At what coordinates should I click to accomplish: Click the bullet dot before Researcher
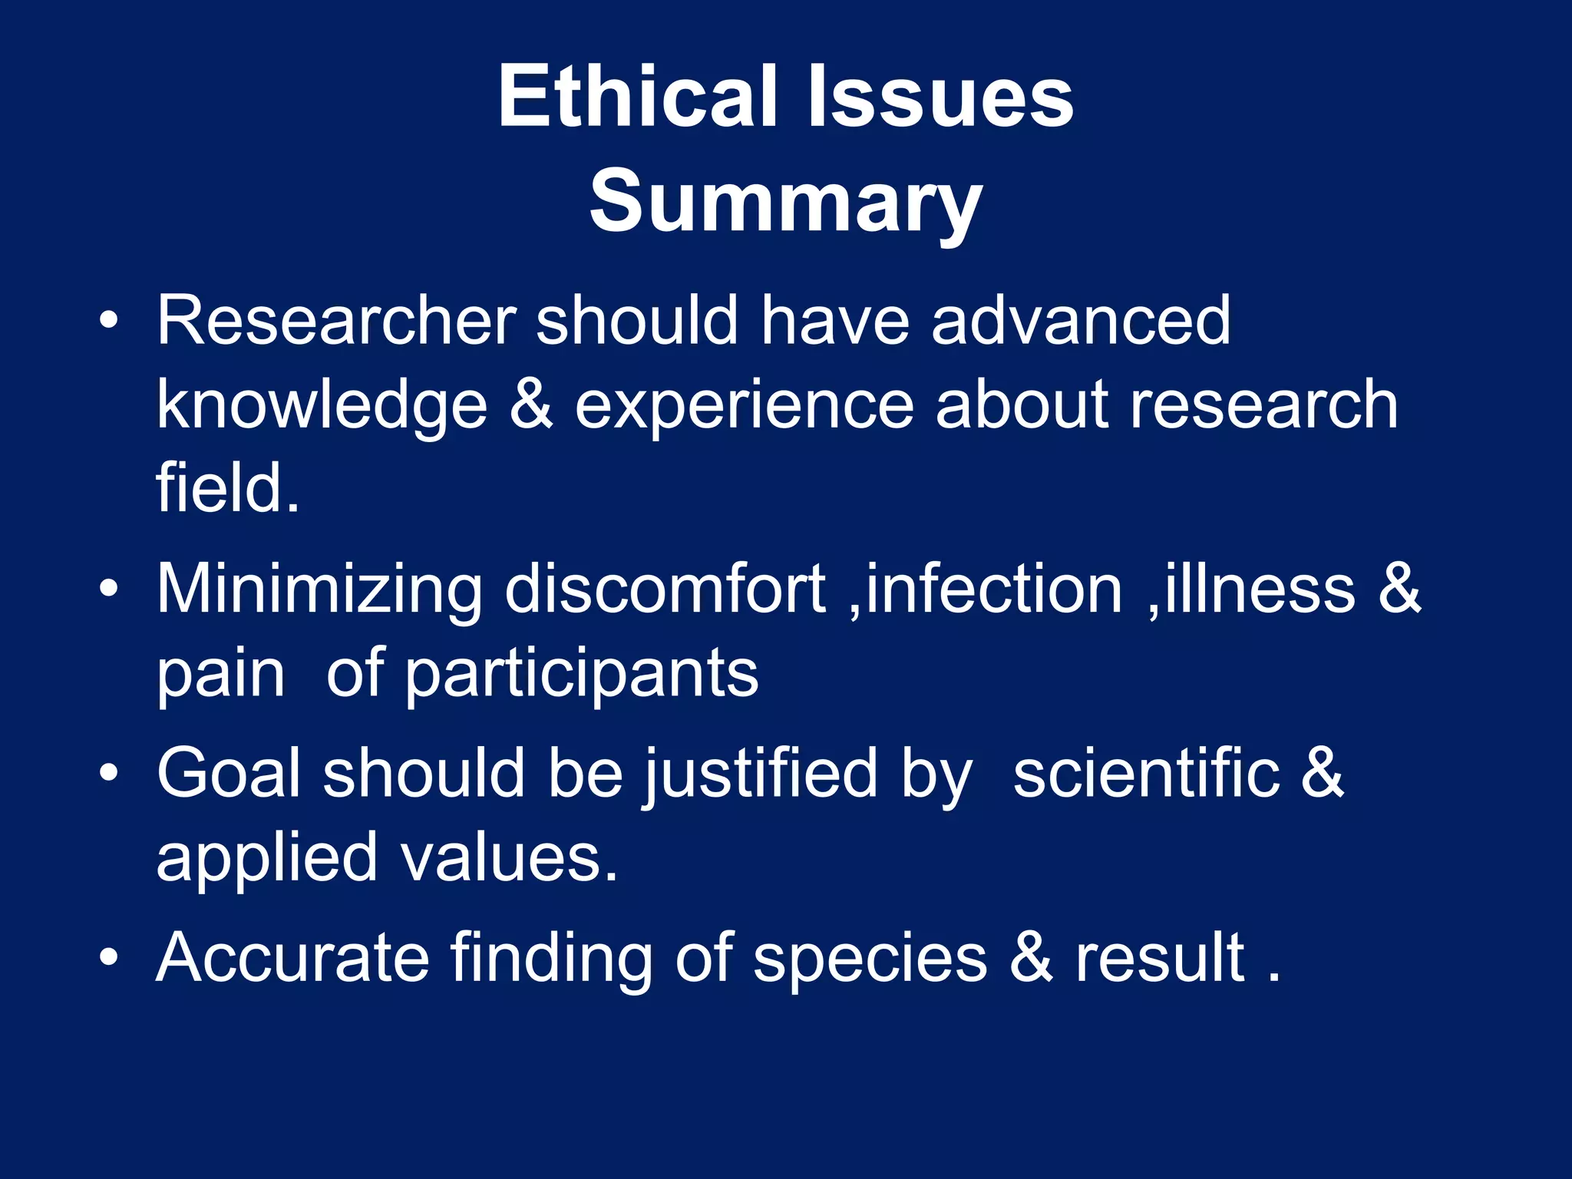click(x=109, y=322)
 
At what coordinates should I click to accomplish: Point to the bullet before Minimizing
click(x=109, y=589)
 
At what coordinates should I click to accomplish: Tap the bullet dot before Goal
click(x=109, y=774)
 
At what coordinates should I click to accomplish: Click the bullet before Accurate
click(x=109, y=958)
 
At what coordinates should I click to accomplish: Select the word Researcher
click(x=336, y=321)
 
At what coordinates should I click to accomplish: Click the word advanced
click(x=1080, y=321)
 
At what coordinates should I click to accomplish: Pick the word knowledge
click(x=322, y=407)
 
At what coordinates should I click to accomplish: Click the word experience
click(x=744, y=407)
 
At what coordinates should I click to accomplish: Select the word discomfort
click(x=665, y=589)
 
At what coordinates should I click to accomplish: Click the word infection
click(x=993, y=589)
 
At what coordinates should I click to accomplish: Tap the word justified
click(x=760, y=774)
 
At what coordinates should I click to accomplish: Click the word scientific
click(x=1147, y=774)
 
